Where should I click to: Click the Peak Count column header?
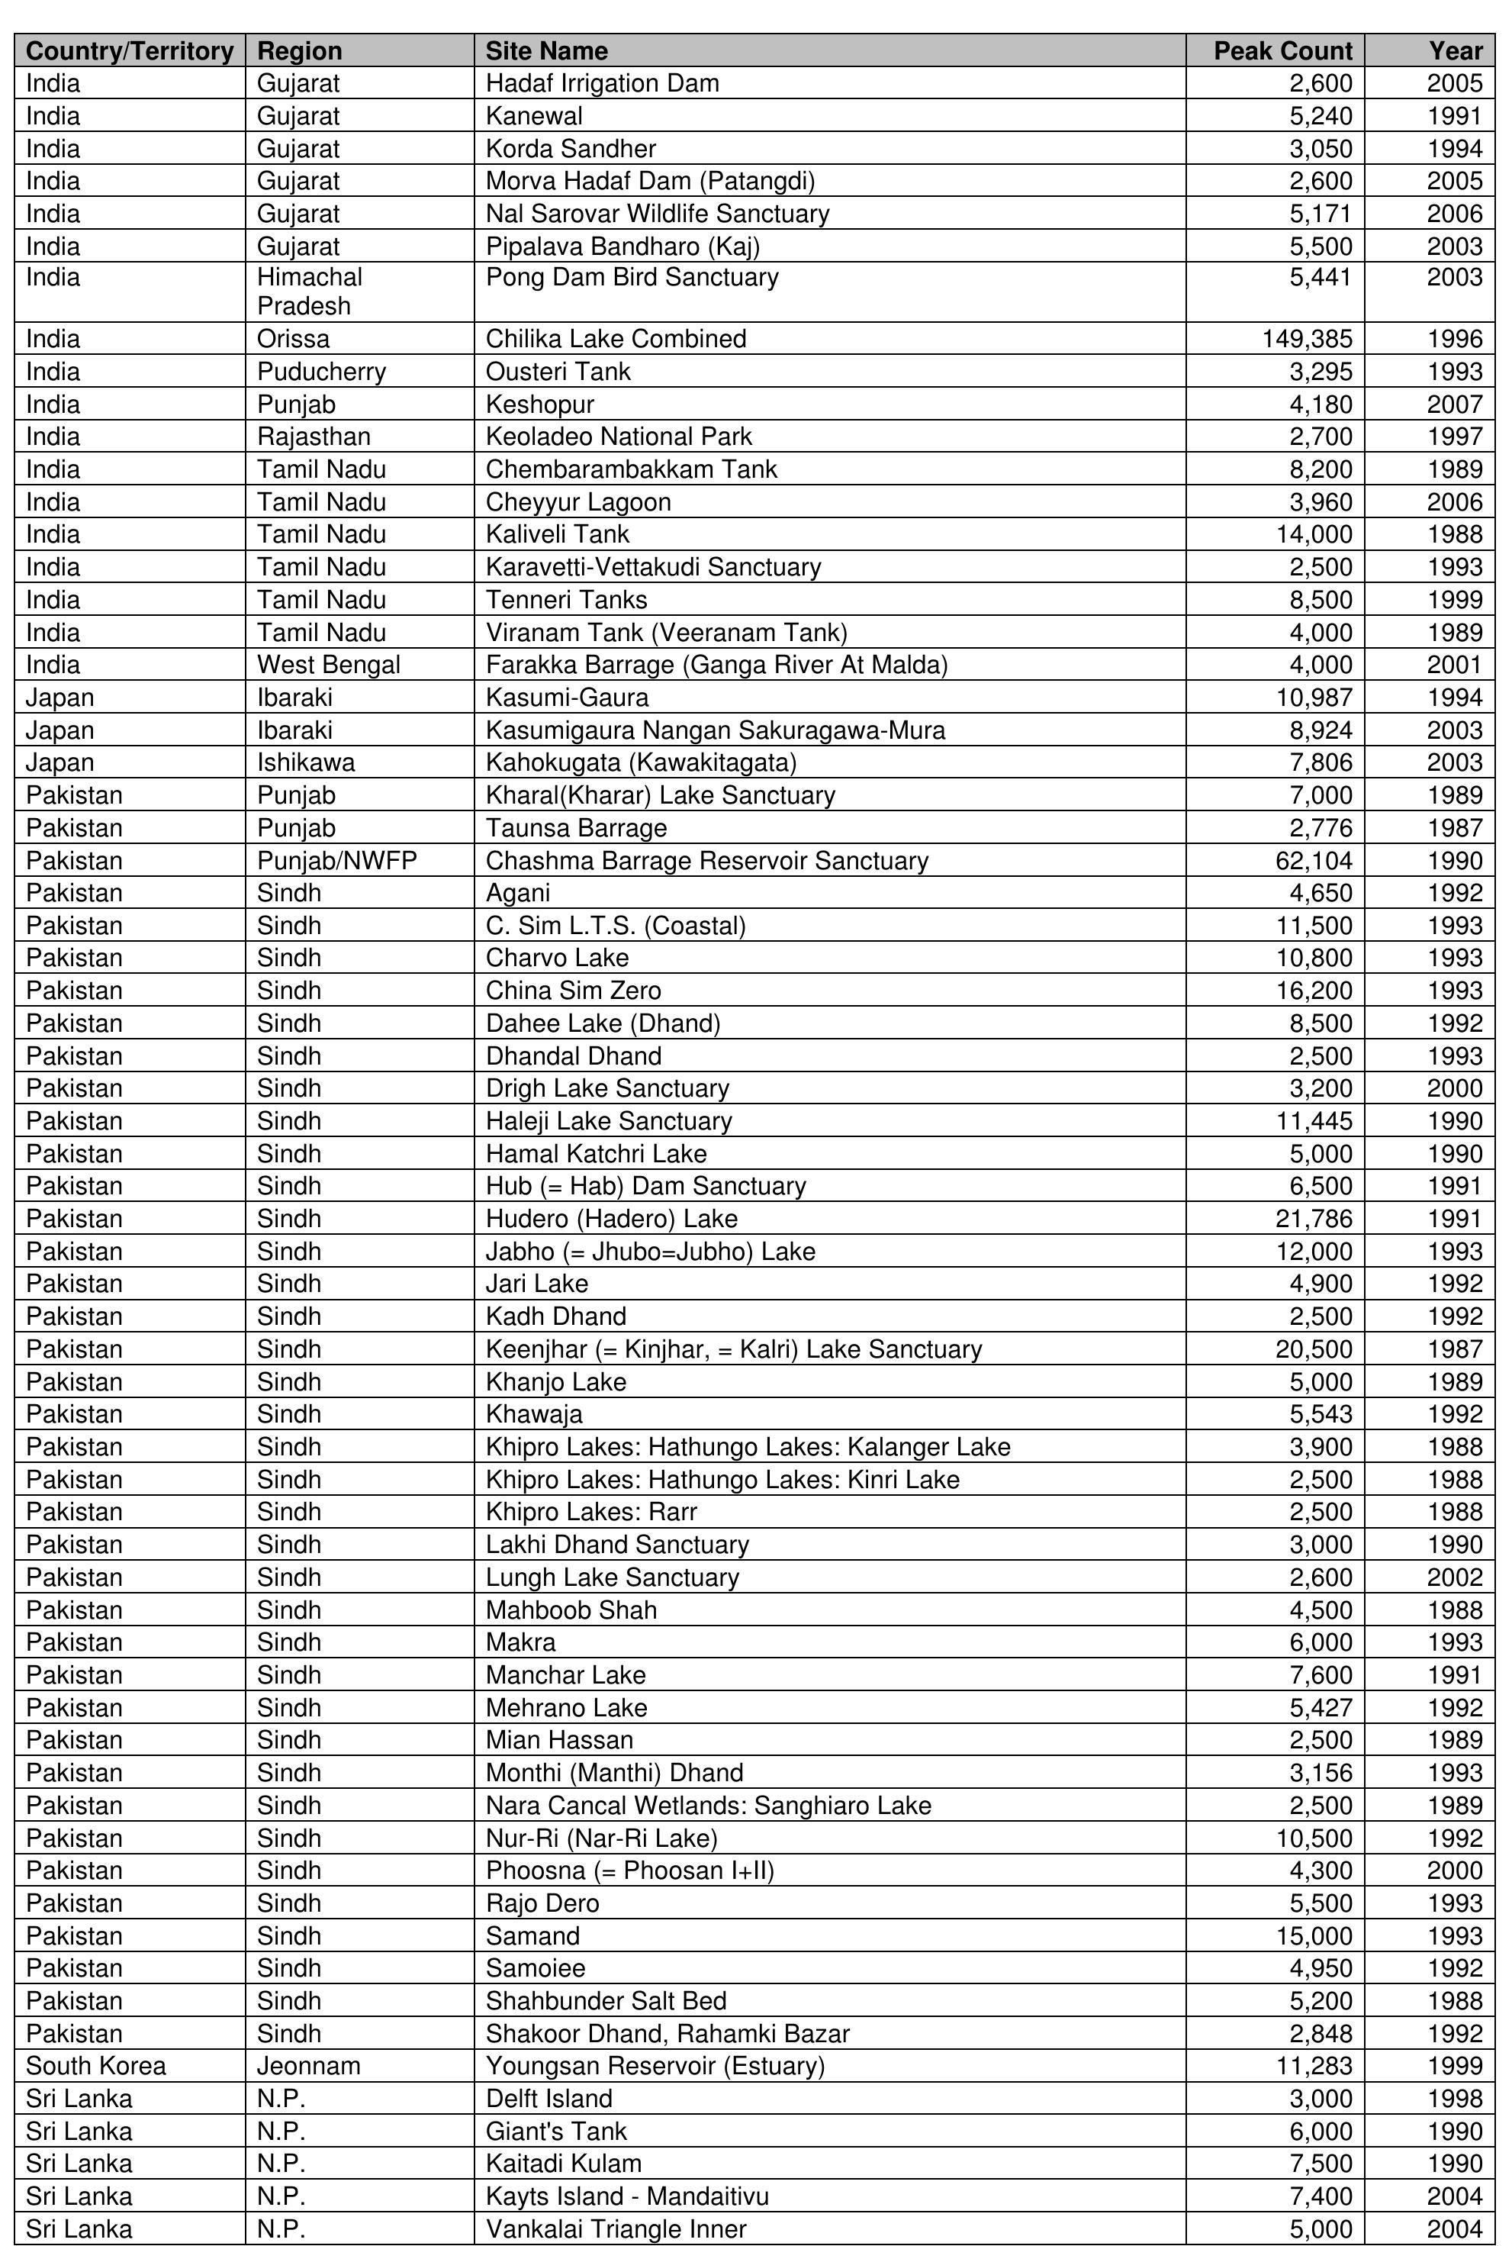tap(1282, 51)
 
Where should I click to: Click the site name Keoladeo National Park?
tap(618, 437)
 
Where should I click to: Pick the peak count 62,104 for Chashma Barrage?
tap(1314, 860)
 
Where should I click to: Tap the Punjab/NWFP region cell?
tap(336, 860)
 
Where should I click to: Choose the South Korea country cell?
tap(95, 2066)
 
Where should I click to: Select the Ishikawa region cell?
tap(306, 763)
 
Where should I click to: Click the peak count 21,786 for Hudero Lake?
tap(1314, 1219)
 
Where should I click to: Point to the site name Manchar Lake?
tap(566, 1675)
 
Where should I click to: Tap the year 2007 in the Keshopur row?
tap(1454, 404)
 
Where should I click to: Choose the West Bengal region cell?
tap(328, 665)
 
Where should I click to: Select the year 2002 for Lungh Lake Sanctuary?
tap(1454, 1577)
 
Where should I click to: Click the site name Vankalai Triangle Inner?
tap(616, 2228)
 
